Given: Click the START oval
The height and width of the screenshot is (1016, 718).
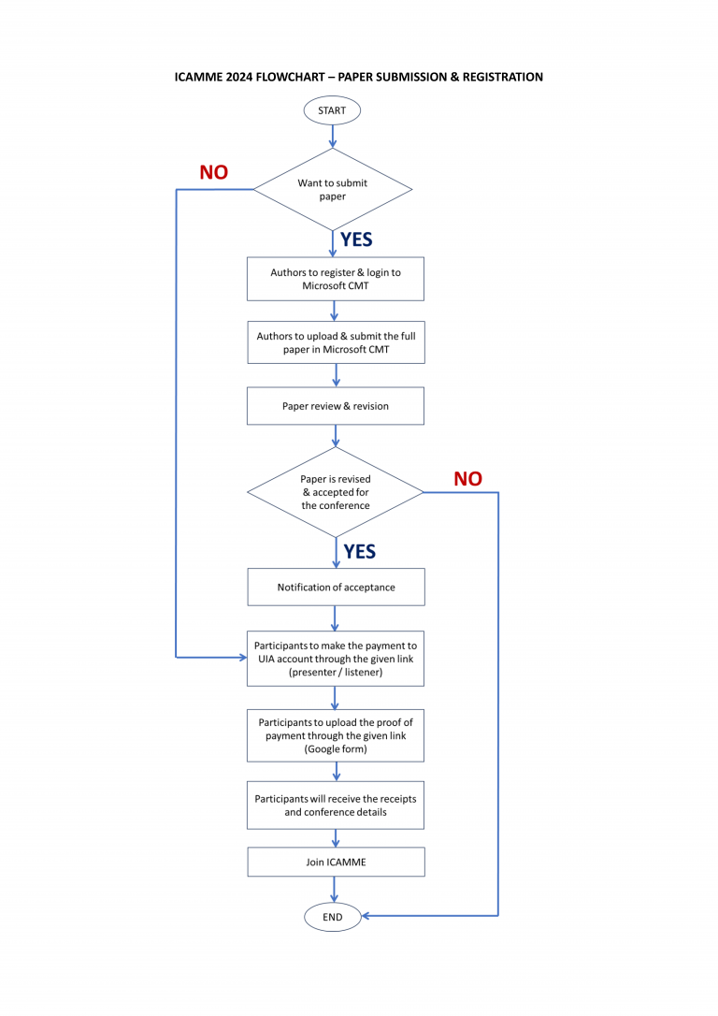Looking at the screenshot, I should tap(332, 110).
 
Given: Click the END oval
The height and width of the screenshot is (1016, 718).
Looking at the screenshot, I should tap(332, 917).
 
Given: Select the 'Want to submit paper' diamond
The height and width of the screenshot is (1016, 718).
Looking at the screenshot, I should tap(333, 190).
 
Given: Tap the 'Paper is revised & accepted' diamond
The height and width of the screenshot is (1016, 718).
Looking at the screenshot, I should tap(336, 492).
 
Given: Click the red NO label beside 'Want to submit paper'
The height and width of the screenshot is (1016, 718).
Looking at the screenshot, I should tap(213, 173).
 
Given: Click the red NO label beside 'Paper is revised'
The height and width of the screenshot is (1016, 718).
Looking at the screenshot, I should tap(467, 479).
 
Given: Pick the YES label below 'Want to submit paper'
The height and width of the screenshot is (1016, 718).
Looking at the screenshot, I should tap(356, 240).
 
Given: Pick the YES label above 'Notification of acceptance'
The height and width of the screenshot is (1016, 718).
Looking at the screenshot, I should tap(359, 552).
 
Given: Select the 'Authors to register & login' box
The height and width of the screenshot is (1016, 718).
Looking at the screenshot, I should tap(336, 279).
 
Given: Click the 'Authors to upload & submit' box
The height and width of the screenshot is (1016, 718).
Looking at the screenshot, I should tap(336, 342).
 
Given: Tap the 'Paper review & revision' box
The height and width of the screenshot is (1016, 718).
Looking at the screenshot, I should tap(336, 406).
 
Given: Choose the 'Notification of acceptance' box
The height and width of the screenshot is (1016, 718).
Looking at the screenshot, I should tap(336, 588).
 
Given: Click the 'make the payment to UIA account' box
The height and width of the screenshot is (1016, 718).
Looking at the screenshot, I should tap(336, 659).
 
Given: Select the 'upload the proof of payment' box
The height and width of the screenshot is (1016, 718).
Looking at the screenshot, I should tap(336, 735).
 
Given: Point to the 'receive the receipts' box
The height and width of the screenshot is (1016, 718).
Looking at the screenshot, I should tap(336, 806).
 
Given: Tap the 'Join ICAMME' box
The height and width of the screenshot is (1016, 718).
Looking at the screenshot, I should tap(336, 862).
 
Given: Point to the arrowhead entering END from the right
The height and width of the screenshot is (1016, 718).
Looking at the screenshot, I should tap(367, 916).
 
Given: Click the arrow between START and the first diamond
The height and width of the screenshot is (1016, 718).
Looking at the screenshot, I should tap(332, 137).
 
